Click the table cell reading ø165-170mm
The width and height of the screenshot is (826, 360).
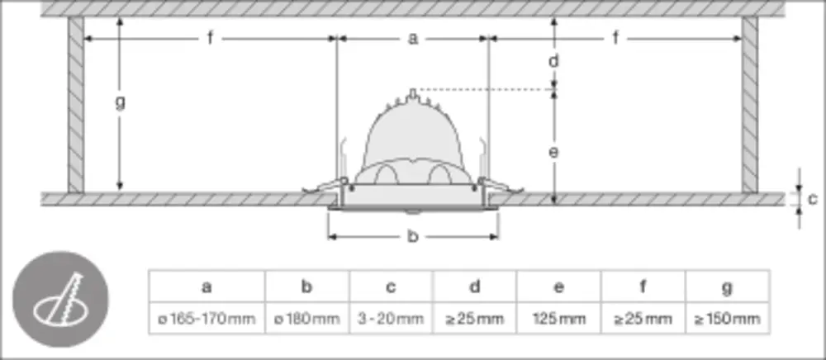[207, 319]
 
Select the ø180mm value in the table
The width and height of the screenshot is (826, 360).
[306, 319]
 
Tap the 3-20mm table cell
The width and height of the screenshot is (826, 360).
[391, 319]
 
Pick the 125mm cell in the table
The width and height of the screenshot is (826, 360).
[558, 319]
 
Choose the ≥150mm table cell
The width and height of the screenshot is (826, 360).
[727, 319]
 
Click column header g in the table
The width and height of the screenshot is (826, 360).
[727, 287]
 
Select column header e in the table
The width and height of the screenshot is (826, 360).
[558, 287]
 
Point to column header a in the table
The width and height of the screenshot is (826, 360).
[207, 287]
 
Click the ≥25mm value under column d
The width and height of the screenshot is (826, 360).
[475, 319]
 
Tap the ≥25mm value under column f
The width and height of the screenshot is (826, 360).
[643, 319]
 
